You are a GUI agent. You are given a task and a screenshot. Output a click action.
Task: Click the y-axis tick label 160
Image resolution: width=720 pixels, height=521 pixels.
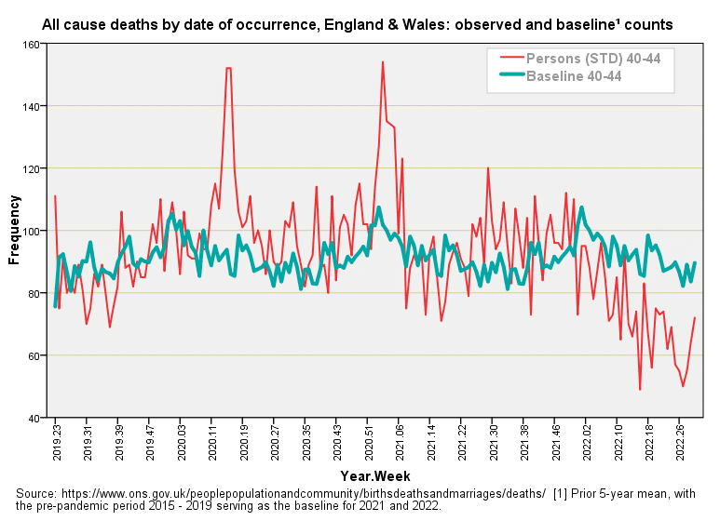(x=30, y=44)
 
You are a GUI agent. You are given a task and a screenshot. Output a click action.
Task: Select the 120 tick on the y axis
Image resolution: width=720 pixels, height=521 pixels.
(x=30, y=168)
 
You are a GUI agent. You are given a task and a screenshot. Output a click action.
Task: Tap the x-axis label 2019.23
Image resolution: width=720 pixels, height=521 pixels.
(x=56, y=444)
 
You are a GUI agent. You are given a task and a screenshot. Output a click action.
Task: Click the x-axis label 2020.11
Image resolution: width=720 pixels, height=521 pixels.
(x=212, y=444)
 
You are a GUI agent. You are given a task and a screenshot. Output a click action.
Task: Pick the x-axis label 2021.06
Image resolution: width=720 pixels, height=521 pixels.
(x=401, y=444)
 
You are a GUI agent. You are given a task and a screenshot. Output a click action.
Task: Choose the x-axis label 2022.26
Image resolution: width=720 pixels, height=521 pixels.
(x=679, y=444)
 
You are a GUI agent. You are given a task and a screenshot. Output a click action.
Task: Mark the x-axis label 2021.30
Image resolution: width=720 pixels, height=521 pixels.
(x=494, y=444)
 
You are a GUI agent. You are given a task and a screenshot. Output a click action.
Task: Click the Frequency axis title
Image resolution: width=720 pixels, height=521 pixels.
(x=13, y=230)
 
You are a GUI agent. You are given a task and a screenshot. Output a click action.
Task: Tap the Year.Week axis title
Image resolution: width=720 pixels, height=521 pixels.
(x=374, y=474)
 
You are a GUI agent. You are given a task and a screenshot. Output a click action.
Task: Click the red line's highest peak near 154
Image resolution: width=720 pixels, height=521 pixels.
(x=383, y=62)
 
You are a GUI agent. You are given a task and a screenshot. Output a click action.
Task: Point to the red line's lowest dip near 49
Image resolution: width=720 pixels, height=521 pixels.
(x=640, y=390)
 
